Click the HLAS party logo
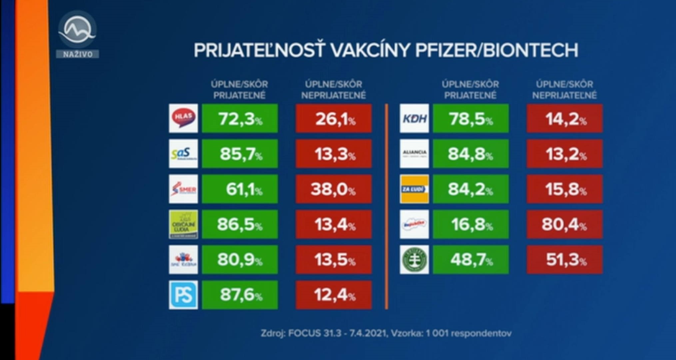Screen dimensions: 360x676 tap(183, 118)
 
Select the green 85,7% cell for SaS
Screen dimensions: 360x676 tap(240, 154)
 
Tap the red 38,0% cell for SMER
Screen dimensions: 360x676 tap(333, 189)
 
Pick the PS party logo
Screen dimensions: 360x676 tap(183, 295)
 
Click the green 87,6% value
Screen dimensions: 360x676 tap(240, 295)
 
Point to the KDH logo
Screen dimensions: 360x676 tap(414, 118)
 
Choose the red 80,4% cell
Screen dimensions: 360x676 tap(564, 224)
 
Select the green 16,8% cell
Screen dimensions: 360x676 tap(470, 224)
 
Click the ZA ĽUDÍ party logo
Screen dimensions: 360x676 tap(414, 189)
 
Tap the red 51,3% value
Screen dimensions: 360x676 tap(564, 260)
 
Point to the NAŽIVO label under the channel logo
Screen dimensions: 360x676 tap(78, 54)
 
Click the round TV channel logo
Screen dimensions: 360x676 tap(77, 30)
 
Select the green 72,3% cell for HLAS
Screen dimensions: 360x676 tap(240, 118)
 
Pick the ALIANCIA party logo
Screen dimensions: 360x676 tap(414, 154)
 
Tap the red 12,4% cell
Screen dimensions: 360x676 tap(333, 295)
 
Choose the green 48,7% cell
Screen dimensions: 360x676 tap(470, 260)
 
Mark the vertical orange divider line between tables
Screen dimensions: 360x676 tap(386, 206)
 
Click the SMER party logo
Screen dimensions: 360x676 tap(183, 189)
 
